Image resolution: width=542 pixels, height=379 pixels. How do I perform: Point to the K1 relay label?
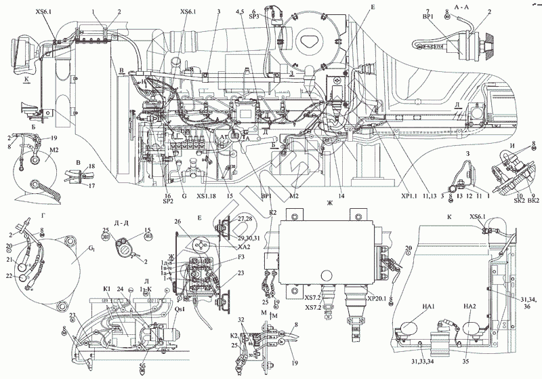point(107,289)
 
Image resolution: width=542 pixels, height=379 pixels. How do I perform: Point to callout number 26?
point(178,222)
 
